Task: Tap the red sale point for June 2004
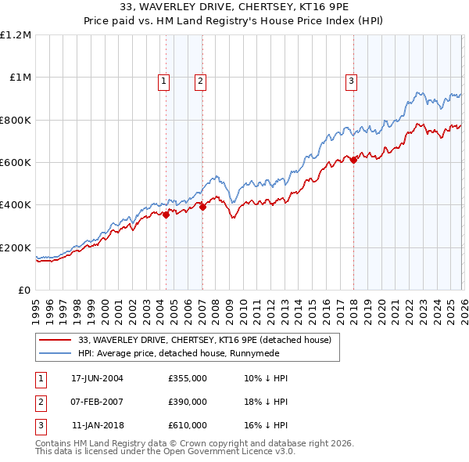pyautogui.click(x=166, y=215)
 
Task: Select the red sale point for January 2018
pyautogui.click(x=353, y=160)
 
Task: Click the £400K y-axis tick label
pyautogui.click(x=16, y=205)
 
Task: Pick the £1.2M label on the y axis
pyautogui.click(x=16, y=35)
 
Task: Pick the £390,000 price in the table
pyautogui.click(x=188, y=402)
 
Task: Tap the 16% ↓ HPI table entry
pyautogui.click(x=266, y=426)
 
